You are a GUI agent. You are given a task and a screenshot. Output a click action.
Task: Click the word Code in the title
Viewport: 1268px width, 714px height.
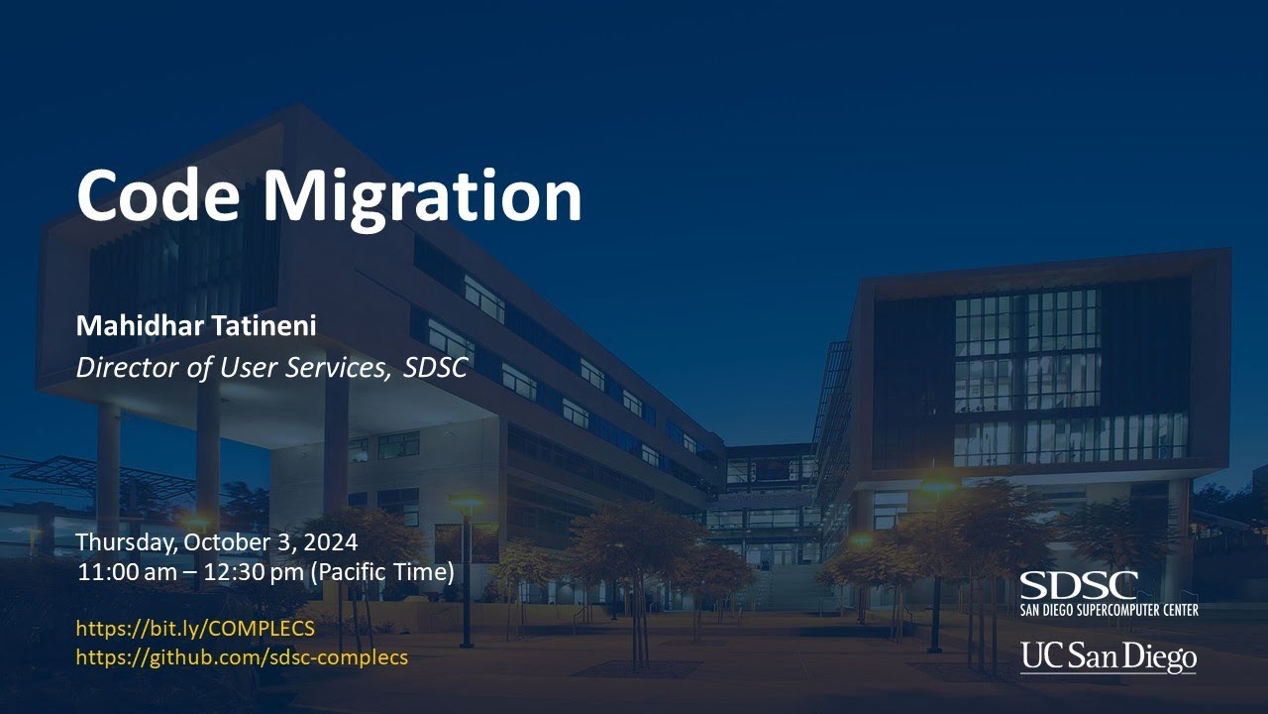click(158, 195)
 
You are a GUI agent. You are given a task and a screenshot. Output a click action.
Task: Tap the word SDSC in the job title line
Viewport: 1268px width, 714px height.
click(436, 368)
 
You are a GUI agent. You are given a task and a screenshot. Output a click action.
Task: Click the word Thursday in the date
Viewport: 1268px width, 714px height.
click(118, 543)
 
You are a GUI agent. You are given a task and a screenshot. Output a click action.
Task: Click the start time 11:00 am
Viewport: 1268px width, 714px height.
click(122, 572)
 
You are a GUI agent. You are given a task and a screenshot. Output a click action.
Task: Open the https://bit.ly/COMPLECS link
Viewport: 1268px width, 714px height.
click(195, 628)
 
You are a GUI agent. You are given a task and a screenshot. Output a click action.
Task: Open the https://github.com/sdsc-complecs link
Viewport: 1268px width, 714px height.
click(242, 656)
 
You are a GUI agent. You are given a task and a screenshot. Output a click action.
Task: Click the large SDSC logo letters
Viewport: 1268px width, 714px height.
click(1079, 585)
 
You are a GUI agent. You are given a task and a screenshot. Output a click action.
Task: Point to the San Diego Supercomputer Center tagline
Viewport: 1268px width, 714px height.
click(1109, 609)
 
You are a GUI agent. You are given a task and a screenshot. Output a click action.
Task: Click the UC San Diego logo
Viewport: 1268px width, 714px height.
click(1109, 656)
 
